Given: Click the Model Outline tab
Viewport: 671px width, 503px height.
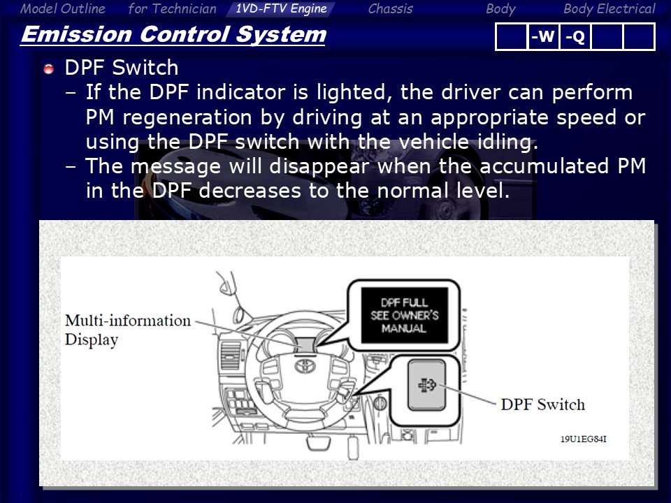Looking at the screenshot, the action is (x=62, y=8).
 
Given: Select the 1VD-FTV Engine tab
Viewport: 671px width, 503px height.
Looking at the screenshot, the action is (x=281, y=8).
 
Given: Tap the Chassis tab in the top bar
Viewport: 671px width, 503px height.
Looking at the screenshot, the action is (x=390, y=8).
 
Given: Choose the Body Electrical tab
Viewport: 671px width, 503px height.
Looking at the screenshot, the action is (x=609, y=8).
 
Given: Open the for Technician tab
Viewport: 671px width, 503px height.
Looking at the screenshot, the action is (x=172, y=8).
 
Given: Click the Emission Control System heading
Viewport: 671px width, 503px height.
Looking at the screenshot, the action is (x=173, y=34).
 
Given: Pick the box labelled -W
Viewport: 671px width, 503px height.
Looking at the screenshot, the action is (x=543, y=37).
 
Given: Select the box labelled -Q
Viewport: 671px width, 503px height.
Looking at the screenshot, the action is (x=575, y=37).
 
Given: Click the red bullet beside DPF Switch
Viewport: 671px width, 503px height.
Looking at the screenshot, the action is (x=48, y=68).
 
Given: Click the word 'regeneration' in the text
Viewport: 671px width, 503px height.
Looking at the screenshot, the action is (x=187, y=117).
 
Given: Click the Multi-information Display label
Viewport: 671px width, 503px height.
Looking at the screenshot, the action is (x=127, y=330).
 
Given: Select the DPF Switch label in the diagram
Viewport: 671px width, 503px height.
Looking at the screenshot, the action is (x=542, y=404).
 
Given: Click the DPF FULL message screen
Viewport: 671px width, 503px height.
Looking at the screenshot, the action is (x=405, y=315).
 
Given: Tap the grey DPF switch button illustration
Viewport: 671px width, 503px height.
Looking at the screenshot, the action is (x=426, y=385).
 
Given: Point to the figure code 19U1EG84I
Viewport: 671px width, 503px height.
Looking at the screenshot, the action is (x=583, y=439).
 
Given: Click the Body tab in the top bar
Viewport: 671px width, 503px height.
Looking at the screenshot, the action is (x=500, y=8).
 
